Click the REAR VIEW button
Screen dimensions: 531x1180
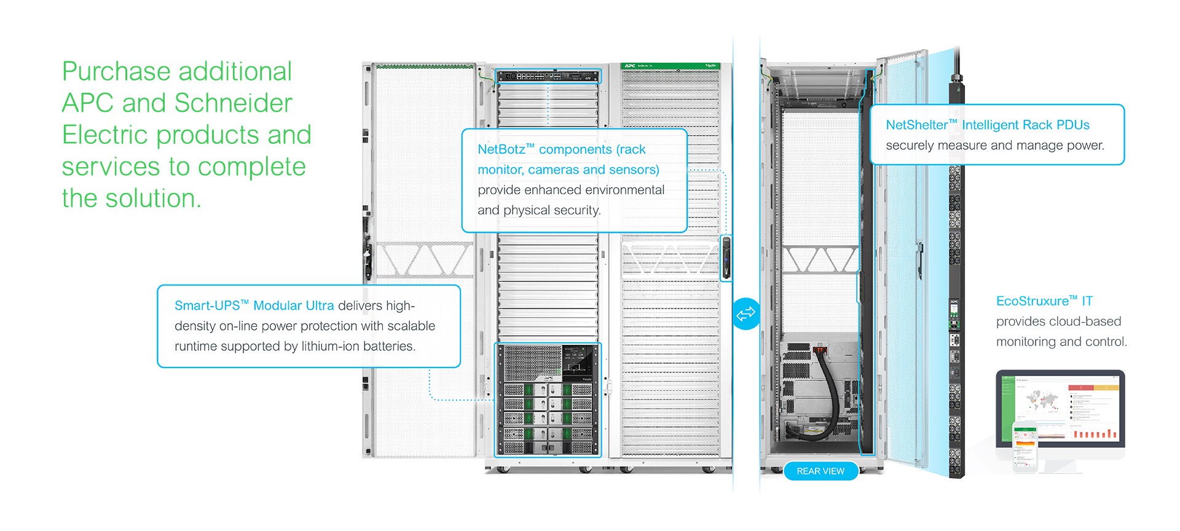[x=820, y=471]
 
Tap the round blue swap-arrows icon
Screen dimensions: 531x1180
[x=745, y=313]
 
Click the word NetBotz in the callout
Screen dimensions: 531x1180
[x=501, y=149]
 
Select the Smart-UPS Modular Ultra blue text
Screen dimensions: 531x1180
[x=254, y=305]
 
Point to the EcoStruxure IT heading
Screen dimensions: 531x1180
[x=1044, y=301]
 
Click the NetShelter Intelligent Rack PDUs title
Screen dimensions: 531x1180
[x=987, y=125]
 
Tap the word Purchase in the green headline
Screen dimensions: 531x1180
[x=115, y=72]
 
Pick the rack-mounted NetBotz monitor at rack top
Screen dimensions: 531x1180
[x=547, y=76]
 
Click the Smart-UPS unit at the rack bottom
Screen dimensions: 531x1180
[x=547, y=399]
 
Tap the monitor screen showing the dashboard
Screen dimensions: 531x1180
[x=1060, y=409]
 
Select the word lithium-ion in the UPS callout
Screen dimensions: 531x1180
[x=330, y=346]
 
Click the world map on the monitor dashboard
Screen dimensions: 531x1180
[x=1042, y=401]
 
